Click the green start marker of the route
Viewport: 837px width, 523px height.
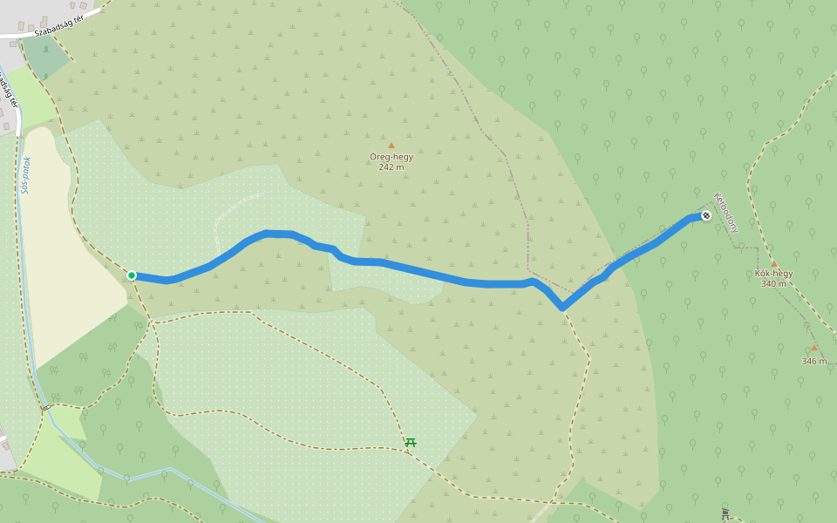pyautogui.click(x=132, y=275)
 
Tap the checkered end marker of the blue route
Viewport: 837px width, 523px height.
pyautogui.click(x=706, y=215)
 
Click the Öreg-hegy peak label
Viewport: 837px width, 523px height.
pyautogui.click(x=391, y=157)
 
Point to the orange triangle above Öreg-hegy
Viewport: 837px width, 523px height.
pyautogui.click(x=391, y=146)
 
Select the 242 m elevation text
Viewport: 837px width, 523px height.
pyautogui.click(x=391, y=167)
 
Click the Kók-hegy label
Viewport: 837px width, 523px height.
pyautogui.click(x=773, y=274)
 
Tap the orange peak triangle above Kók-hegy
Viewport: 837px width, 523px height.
pyautogui.click(x=773, y=262)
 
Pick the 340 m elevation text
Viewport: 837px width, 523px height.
pyautogui.click(x=773, y=284)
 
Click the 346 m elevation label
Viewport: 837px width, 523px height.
pyautogui.click(x=814, y=361)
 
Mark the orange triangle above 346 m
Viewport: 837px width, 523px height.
pyautogui.click(x=814, y=347)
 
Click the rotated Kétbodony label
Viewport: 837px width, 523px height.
pyautogui.click(x=726, y=212)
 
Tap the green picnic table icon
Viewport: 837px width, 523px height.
pyautogui.click(x=410, y=442)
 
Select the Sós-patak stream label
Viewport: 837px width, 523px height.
pyautogui.click(x=26, y=174)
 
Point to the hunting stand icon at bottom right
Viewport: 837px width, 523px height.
pyautogui.click(x=725, y=513)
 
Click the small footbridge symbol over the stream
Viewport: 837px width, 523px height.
pyautogui.click(x=44, y=407)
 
